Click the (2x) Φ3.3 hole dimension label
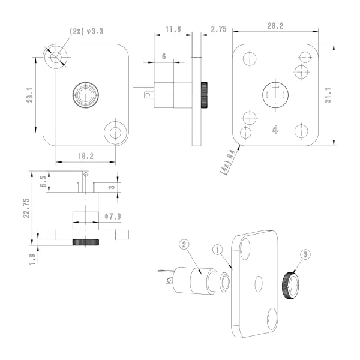(86, 31)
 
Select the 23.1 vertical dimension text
(30, 95)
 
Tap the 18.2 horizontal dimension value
(86, 156)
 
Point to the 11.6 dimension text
(173, 29)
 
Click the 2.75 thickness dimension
(218, 29)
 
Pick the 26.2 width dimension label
(275, 26)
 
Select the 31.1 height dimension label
(328, 95)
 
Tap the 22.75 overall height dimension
(26, 208)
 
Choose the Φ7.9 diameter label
(113, 216)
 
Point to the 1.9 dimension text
(32, 259)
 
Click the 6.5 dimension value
(43, 182)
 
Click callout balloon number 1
(217, 250)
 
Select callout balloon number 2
(184, 244)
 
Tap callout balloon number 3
(305, 254)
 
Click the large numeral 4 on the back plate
(275, 130)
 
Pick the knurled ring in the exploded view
(290, 286)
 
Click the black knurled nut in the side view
(204, 95)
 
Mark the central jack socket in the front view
(86, 95)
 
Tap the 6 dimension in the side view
(164, 56)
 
